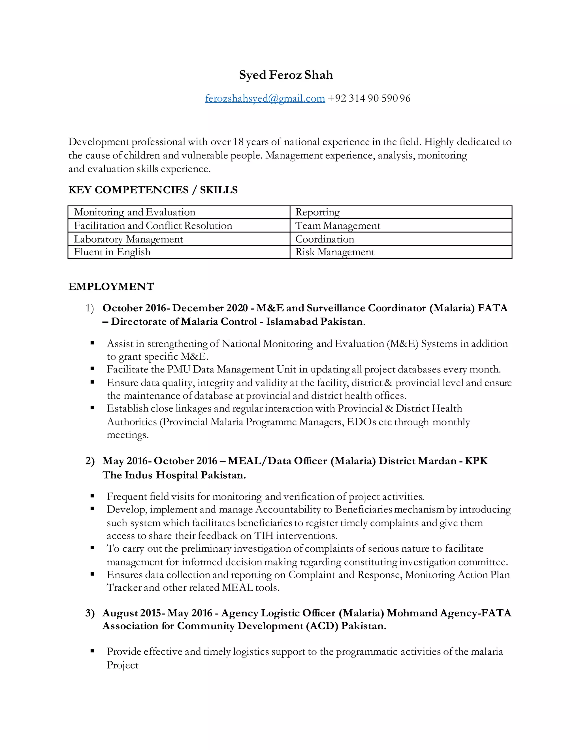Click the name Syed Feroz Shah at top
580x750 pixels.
coord(286,75)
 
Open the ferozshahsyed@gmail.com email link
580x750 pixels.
coord(265,98)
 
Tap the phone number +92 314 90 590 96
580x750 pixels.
coord(369,98)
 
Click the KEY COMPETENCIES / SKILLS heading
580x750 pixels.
coord(153,190)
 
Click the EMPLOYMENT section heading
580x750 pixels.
coord(111,286)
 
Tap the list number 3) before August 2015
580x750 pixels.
coord(90,613)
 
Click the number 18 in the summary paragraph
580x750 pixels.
coord(238,142)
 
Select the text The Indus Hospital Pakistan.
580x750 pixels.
coord(174,475)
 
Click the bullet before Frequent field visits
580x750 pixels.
coord(92,496)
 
